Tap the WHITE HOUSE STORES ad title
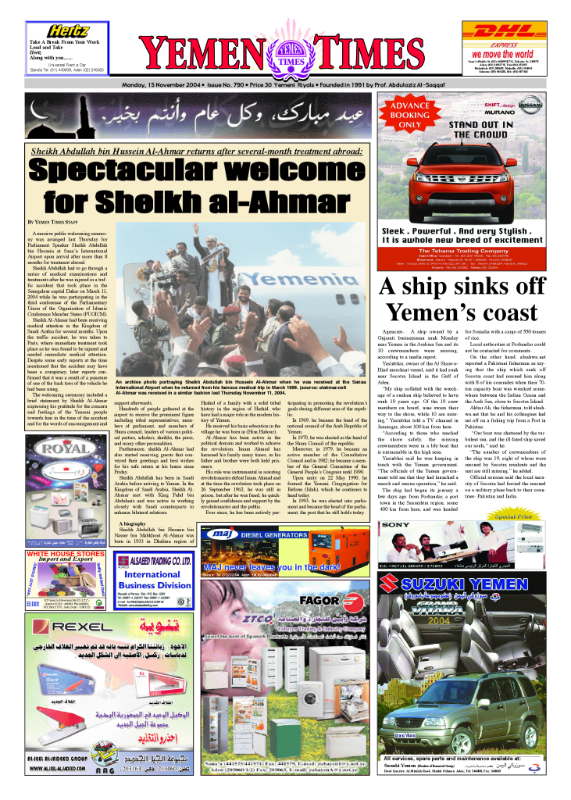click(66, 554)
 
